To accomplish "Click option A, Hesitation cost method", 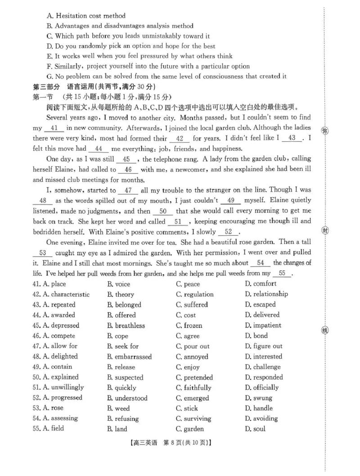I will point(86,16).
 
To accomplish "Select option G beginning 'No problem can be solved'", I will point(166,76).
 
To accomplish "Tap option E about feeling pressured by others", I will point(139,56).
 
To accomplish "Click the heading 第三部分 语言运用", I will point(94,86).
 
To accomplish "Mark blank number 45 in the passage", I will point(126,159).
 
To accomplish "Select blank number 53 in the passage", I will point(43,253).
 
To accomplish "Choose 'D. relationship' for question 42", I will point(266,294).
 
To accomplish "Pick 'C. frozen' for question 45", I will point(189,325).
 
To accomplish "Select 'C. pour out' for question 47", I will point(193,346).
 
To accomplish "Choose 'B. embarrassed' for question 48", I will point(129,357).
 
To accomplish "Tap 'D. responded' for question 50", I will point(264,377).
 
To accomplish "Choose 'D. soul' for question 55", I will point(255,429).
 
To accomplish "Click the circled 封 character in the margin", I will point(325,231).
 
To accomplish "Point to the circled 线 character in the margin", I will point(325,331).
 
